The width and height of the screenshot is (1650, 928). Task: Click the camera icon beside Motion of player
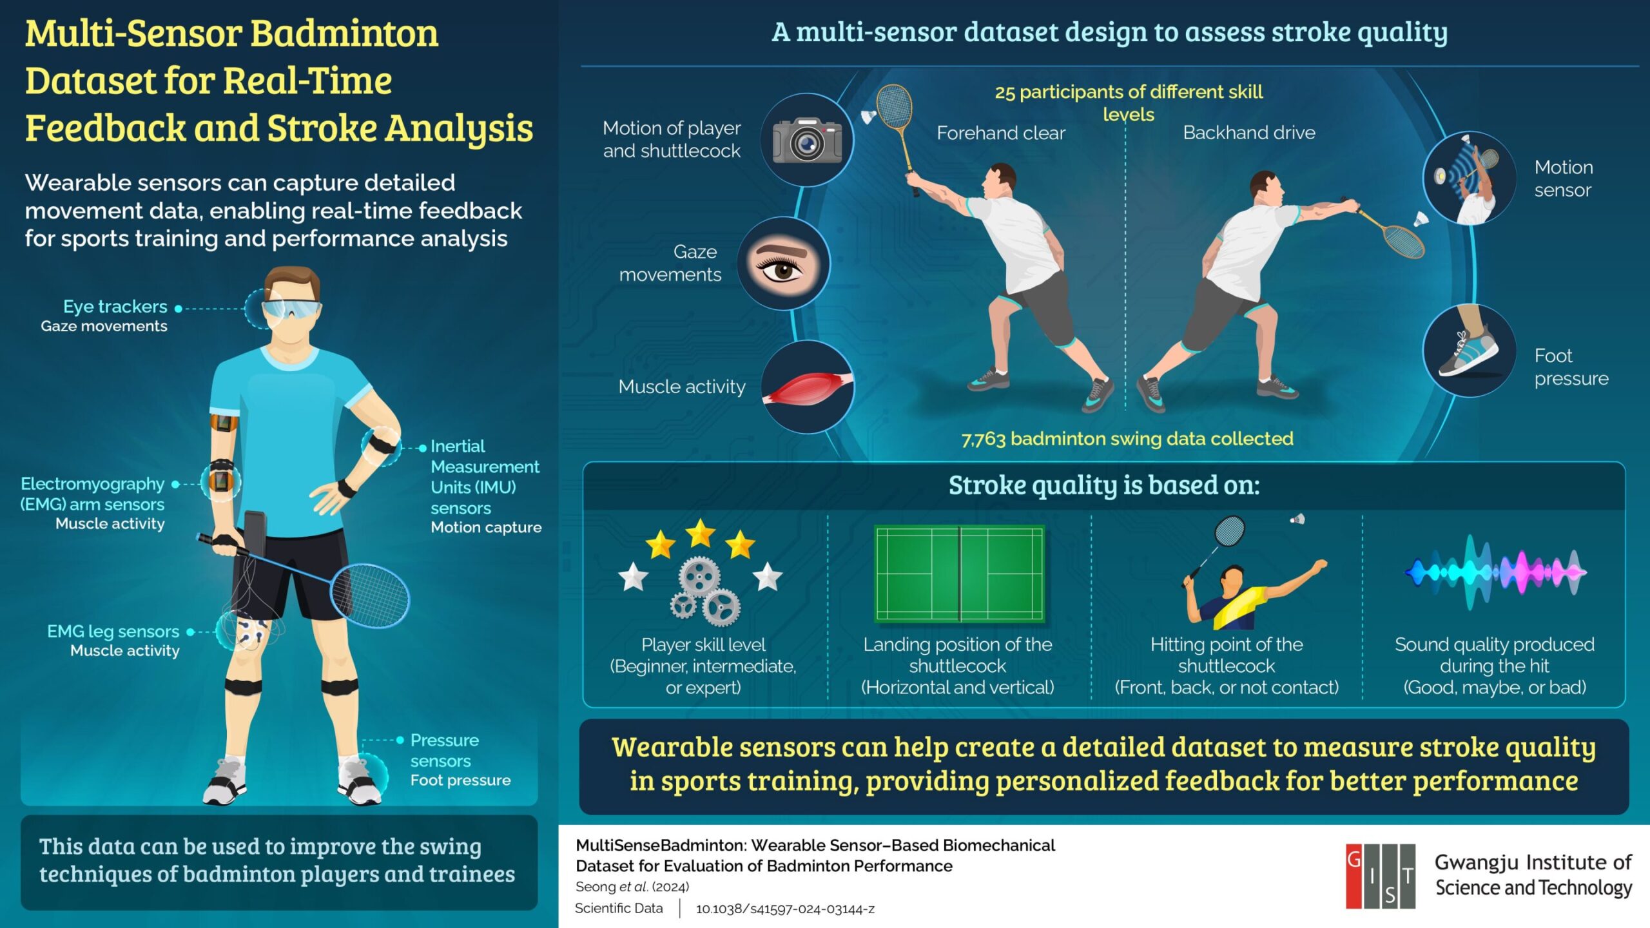(807, 140)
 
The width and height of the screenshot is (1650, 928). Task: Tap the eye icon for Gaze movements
(783, 264)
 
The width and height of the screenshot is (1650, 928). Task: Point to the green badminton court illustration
(959, 574)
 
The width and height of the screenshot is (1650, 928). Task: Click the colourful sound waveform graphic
(1495, 572)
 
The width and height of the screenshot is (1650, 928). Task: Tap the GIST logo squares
(1380, 876)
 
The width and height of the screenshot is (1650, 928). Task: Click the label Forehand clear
(1000, 133)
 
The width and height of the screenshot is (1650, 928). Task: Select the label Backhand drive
(1248, 133)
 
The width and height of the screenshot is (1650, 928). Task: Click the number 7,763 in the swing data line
(983, 440)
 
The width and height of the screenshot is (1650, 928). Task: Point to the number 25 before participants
(1004, 93)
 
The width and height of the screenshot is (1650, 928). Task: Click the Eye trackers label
(115, 307)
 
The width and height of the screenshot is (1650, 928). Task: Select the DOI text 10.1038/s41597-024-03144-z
(785, 909)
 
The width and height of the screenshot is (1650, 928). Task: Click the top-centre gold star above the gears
(700, 534)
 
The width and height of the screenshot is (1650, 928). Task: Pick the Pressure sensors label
(444, 750)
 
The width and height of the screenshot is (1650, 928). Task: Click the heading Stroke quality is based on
(1103, 485)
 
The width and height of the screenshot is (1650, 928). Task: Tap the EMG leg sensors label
(113, 632)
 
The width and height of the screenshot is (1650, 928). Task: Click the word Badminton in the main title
(344, 34)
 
